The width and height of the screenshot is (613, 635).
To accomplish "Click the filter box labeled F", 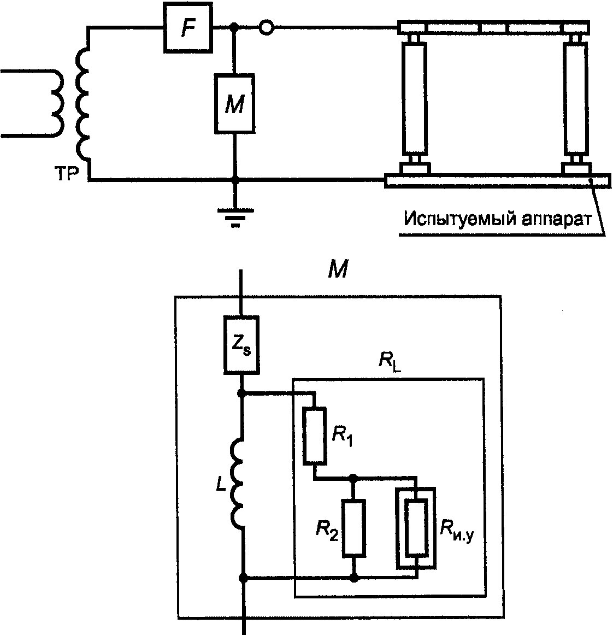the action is point(188,27).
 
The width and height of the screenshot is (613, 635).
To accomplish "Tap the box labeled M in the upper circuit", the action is point(235,104).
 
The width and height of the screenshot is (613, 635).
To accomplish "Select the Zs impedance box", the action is point(241,345).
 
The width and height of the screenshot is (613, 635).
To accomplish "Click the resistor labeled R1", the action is point(315,436).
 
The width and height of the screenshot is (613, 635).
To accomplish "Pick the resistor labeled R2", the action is point(354,528).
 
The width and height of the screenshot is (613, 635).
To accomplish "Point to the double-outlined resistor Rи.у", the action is point(416,528).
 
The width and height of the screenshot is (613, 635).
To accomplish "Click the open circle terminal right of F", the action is point(267,27).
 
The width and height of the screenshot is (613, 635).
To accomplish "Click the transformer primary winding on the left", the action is point(57,104).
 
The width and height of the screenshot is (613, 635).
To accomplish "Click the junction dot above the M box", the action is point(234,27).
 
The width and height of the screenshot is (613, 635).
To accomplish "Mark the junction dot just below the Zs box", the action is point(241,393).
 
